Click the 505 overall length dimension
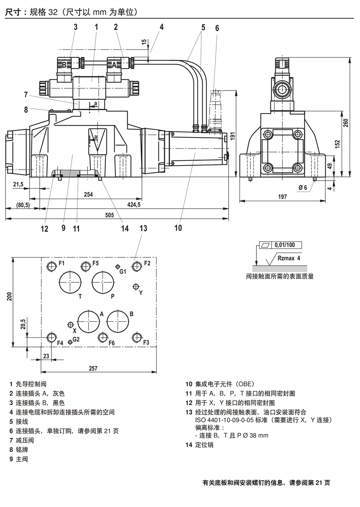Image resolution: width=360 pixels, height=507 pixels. (x=109, y=215)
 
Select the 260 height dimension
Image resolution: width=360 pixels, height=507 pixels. (x=346, y=122)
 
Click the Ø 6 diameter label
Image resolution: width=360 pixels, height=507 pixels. (x=303, y=187)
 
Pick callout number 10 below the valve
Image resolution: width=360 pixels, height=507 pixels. (x=178, y=228)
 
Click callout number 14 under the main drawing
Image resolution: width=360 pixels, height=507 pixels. (x=125, y=228)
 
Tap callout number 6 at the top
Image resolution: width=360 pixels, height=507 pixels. (x=217, y=28)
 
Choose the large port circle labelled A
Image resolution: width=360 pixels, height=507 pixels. (x=89, y=322)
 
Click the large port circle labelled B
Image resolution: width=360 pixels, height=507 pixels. (x=118, y=322)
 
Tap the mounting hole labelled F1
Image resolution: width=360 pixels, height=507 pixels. (x=51, y=266)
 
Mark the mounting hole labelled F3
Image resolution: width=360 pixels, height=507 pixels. (x=136, y=338)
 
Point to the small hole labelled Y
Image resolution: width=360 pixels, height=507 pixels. (x=136, y=287)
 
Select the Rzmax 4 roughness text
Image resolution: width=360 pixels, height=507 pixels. (x=289, y=259)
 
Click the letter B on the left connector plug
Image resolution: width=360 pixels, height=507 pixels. (x=64, y=65)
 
